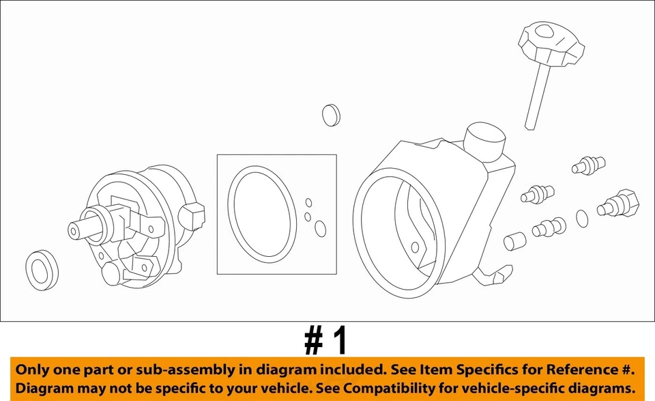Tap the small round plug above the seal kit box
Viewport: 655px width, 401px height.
[331, 115]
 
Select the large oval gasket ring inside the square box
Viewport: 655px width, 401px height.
[261, 213]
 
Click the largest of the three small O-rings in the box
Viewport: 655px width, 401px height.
[320, 229]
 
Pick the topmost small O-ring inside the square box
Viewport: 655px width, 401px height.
[308, 203]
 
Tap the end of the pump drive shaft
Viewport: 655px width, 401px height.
[73, 231]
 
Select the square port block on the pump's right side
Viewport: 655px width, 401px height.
[194, 215]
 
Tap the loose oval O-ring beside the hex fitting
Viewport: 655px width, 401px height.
[582, 218]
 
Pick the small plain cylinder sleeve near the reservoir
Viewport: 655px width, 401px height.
[514, 241]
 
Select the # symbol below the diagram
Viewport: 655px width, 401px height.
[313, 340]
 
